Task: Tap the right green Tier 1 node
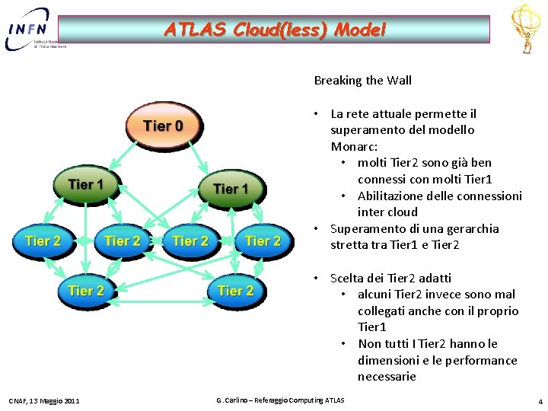230,189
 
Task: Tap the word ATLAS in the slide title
188,30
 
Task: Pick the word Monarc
352,146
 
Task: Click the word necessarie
387,377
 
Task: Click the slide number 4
540,401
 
